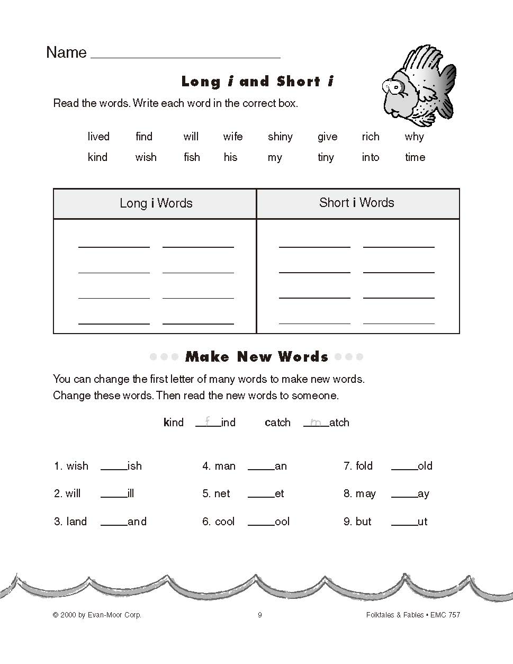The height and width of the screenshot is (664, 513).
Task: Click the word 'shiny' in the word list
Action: (x=280, y=137)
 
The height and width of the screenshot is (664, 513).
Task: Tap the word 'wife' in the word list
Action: (x=233, y=137)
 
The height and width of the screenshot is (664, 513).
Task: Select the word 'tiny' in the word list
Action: (x=326, y=157)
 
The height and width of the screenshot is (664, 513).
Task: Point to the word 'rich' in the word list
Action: (x=371, y=137)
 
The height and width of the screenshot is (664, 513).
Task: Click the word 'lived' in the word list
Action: (x=98, y=137)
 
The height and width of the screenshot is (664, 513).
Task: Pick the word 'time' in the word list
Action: (x=415, y=157)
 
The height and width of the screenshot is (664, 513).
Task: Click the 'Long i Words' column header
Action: (x=156, y=203)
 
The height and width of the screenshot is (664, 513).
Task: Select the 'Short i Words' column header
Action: (x=357, y=203)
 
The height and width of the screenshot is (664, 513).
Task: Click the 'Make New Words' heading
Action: (x=257, y=357)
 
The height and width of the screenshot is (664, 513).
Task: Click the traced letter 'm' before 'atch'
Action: (x=316, y=422)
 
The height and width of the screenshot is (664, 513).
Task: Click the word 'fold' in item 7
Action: (x=364, y=466)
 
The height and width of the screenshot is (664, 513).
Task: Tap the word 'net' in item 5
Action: (x=222, y=493)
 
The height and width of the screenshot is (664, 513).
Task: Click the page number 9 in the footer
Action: (x=259, y=615)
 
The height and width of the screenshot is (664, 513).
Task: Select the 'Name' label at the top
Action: (x=66, y=52)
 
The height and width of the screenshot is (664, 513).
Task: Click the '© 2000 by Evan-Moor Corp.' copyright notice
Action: (x=97, y=615)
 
